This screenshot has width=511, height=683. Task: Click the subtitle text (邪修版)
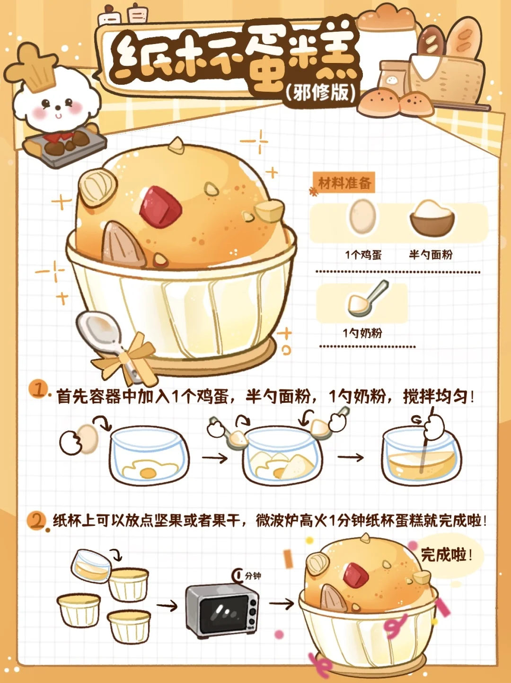click(x=320, y=92)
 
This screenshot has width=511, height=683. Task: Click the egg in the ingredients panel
click(x=362, y=217)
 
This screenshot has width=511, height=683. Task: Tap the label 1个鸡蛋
click(x=363, y=255)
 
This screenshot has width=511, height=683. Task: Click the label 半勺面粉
click(x=431, y=255)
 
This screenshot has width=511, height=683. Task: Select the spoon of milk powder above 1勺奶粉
click(x=367, y=299)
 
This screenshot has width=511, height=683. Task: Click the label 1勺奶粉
click(x=362, y=333)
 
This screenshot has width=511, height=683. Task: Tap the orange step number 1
click(x=38, y=389)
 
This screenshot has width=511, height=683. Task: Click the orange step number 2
click(x=36, y=520)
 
